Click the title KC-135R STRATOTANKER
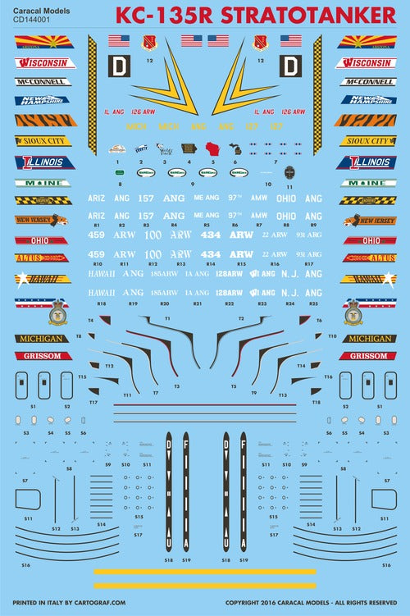(254, 16)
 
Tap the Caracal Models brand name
(39, 9)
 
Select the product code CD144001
(33, 20)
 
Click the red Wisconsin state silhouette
(215, 151)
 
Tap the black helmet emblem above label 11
(289, 173)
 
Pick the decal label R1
(97, 224)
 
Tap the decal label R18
(102, 303)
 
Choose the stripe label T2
(241, 317)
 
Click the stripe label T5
(233, 386)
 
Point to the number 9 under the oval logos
(194, 185)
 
